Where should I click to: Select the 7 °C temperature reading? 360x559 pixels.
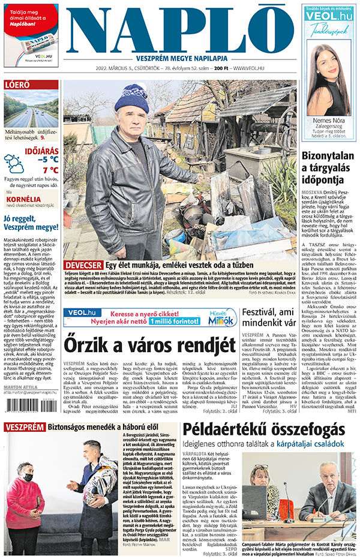49,170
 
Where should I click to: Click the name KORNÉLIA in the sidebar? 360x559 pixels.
23,200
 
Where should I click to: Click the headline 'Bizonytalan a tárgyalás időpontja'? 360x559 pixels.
329,167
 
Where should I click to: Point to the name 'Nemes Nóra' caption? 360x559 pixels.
328,121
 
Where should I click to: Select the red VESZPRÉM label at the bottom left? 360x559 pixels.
23,427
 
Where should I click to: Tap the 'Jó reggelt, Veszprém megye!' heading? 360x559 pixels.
31,224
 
